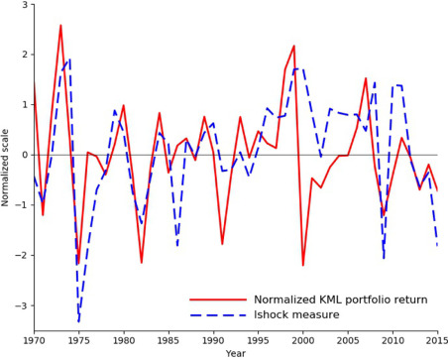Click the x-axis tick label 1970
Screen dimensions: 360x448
click(34, 341)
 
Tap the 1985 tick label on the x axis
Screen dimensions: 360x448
click(168, 341)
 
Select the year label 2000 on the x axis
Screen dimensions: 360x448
click(303, 341)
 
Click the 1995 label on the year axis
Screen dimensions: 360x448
click(258, 341)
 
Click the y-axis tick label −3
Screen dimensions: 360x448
click(22, 305)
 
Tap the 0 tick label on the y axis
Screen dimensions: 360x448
click(25, 155)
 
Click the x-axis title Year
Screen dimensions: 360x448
click(236, 353)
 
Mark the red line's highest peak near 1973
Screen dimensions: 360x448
click(60, 26)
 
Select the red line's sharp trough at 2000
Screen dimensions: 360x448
click(303, 265)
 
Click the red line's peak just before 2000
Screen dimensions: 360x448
click(294, 46)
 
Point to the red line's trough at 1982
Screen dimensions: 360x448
click(142, 263)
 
